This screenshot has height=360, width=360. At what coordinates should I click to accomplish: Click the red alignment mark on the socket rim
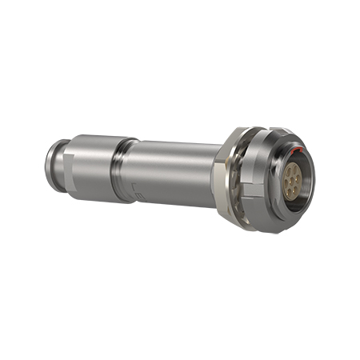pyautogui.click(x=295, y=150)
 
